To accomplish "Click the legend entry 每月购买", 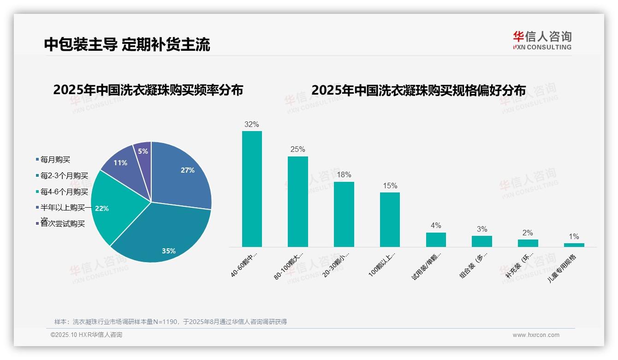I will point(55,160).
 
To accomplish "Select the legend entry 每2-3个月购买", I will point(64,176).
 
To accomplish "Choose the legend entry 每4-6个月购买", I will point(64,192).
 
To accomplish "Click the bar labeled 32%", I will point(252,189).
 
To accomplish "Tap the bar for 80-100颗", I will point(297,202).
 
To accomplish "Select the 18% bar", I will point(344,215).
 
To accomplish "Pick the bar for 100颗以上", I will point(390,220).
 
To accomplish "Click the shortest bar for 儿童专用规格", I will point(574,245).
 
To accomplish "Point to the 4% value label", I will point(436,226).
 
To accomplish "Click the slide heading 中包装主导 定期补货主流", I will point(127,44).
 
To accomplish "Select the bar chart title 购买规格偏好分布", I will point(418,90).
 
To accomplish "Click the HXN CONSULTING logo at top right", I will point(542,41).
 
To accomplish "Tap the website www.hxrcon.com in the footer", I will point(536,335).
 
